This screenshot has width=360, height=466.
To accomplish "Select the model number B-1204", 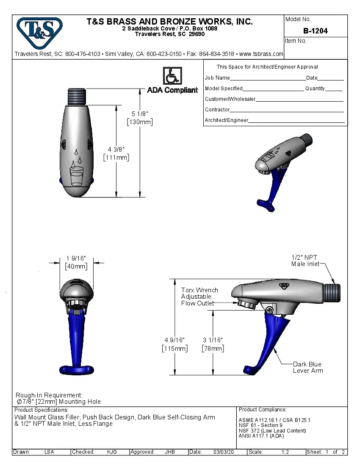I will [x=315, y=31].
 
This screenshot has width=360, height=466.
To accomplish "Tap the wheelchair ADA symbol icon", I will [x=172, y=76].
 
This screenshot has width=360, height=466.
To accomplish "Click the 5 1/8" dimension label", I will [x=140, y=118].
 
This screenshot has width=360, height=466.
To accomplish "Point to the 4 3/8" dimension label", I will [x=116, y=153].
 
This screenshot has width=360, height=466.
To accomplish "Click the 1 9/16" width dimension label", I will [x=76, y=262].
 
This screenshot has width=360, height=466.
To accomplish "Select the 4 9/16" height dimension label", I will [x=174, y=344].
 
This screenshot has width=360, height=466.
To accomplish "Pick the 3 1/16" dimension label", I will [x=213, y=344].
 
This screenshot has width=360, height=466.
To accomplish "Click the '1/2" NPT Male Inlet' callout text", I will [x=305, y=261].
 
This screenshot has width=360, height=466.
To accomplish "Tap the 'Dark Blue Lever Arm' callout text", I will [x=308, y=367].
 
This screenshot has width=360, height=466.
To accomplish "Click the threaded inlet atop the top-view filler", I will [x=77, y=96].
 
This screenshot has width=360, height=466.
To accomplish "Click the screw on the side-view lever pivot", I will [x=269, y=310].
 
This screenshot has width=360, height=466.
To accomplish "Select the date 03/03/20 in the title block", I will [x=224, y=452].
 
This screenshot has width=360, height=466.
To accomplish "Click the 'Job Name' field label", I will [x=217, y=78].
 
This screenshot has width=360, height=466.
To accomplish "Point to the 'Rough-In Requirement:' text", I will [x=49, y=395].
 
